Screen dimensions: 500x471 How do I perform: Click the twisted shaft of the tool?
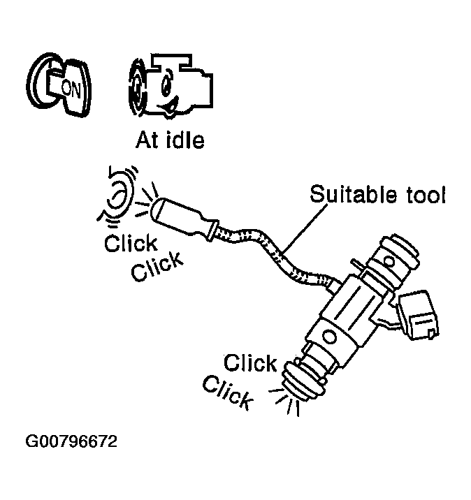pos(273,258)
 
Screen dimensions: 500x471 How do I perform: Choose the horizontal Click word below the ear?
pos(131,244)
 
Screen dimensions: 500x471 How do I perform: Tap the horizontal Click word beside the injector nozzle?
pos(250,364)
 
